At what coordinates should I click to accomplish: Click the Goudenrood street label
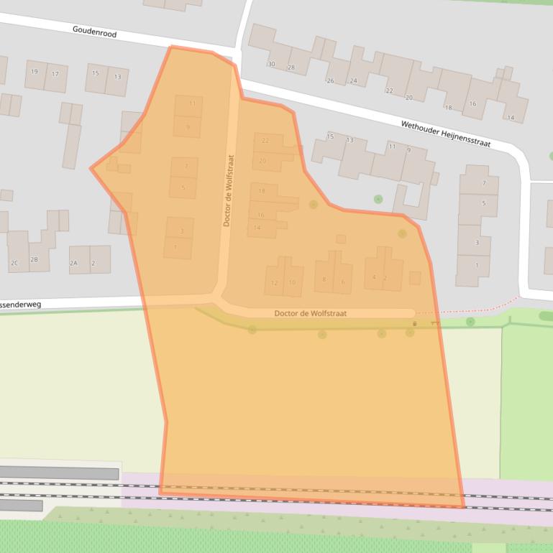(94, 32)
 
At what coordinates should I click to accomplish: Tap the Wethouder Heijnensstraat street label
(445, 134)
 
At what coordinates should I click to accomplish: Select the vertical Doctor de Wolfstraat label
(229, 191)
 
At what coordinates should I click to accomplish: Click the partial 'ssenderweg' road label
(22, 305)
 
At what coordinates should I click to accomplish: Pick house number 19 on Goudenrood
(34, 73)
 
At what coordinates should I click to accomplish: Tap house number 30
(271, 65)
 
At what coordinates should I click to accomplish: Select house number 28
(291, 68)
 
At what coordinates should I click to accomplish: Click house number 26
(331, 81)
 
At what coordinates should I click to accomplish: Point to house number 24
(353, 81)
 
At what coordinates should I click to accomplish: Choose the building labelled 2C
(14, 264)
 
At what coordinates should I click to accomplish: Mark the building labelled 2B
(34, 259)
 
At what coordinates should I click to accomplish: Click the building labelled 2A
(73, 264)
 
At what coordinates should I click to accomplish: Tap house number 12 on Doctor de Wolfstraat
(274, 283)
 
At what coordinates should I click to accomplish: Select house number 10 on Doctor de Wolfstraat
(291, 283)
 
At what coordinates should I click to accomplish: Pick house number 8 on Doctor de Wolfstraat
(324, 280)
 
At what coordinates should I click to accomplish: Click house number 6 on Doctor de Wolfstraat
(342, 282)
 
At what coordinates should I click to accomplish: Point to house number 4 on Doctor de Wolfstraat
(374, 277)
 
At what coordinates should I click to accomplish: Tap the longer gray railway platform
(59, 473)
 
